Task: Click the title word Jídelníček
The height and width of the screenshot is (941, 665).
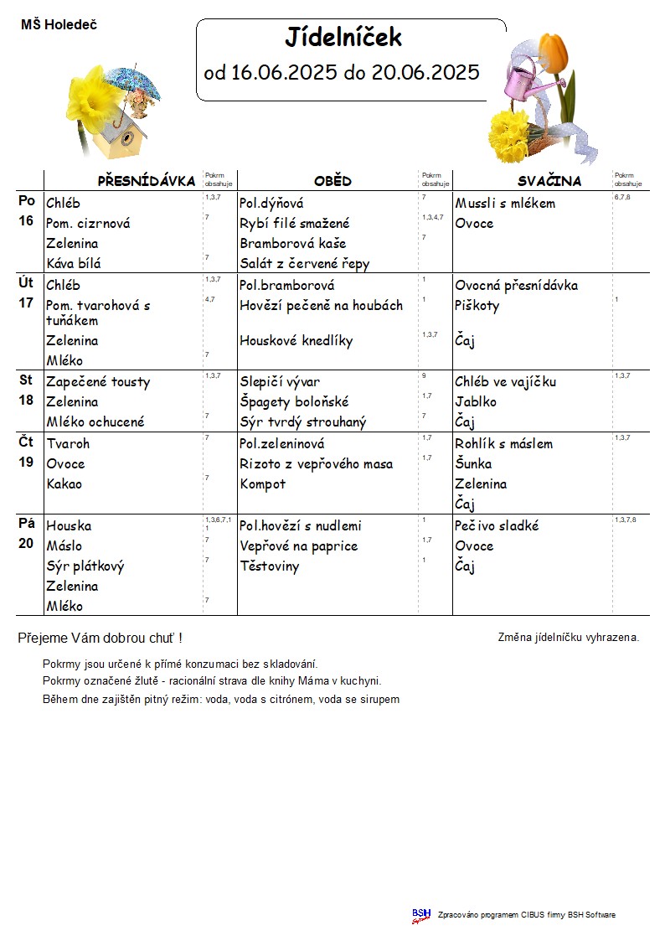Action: [343, 38]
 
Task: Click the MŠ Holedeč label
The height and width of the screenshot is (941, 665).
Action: [59, 25]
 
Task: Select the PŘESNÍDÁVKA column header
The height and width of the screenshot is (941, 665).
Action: [147, 181]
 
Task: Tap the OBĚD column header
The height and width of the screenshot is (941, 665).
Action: [332, 181]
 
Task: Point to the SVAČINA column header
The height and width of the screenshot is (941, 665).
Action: [549, 181]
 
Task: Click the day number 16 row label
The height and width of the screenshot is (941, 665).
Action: [27, 221]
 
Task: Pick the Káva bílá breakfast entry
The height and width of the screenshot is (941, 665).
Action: [74, 264]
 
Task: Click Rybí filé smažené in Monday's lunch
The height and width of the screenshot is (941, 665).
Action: [295, 224]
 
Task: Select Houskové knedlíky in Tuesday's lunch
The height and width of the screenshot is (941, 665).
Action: [296, 341]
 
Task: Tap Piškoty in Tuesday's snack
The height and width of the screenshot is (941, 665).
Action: [477, 306]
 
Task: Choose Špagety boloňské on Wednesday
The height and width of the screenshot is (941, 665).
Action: [294, 402]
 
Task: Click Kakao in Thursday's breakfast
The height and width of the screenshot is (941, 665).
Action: [64, 484]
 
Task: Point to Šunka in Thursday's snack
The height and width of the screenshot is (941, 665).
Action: [473, 464]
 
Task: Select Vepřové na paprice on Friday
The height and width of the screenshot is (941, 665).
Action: [299, 546]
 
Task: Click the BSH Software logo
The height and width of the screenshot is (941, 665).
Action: [420, 915]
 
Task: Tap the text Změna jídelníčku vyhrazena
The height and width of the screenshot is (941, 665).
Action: [569, 638]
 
